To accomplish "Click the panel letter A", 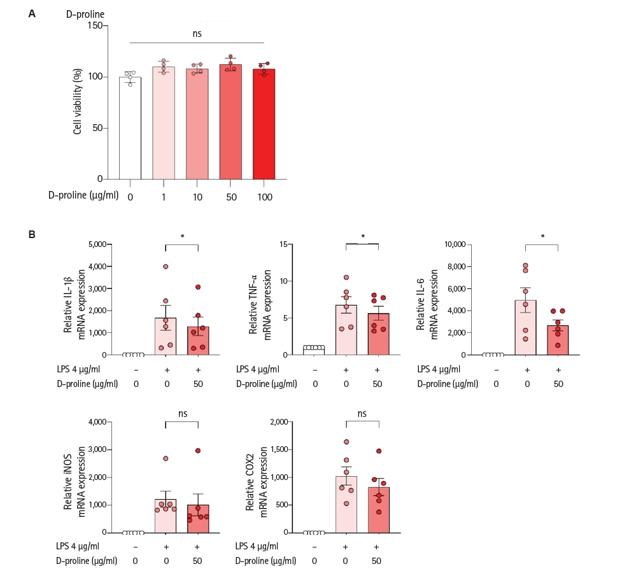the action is click(32, 14).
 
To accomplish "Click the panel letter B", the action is click(32, 235).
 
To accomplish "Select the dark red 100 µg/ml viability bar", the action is click(264, 124).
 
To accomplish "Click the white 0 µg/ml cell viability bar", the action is click(130, 128).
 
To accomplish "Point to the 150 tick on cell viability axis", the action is click(95, 25).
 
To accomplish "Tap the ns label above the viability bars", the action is click(197, 34).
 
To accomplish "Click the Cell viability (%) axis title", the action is click(78, 101).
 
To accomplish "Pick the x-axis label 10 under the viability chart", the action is click(197, 197).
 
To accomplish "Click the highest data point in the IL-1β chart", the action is click(166, 267).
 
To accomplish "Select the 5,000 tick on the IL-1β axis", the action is click(97, 244).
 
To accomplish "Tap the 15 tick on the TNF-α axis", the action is click(284, 244).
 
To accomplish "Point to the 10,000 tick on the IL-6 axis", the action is click(455, 244).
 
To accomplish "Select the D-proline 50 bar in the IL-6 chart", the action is click(558, 341).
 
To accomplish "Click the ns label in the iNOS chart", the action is click(183, 414).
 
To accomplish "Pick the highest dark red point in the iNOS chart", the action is click(198, 451).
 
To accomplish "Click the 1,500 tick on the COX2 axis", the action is click(279, 449).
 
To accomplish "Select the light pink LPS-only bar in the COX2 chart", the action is click(346, 504).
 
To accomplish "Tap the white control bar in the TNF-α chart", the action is click(314, 351).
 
